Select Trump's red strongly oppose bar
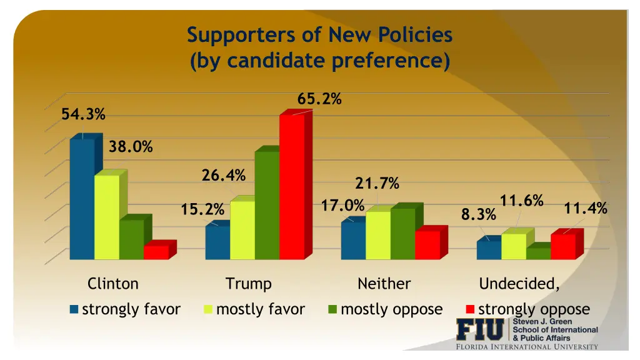(x=292, y=187)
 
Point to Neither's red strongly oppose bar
(x=427, y=244)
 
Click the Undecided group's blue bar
(x=489, y=249)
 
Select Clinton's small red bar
(x=156, y=252)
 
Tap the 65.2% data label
(x=319, y=99)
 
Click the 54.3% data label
(x=83, y=114)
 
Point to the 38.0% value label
(x=131, y=147)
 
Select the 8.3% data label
(x=479, y=215)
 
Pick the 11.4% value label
(x=586, y=209)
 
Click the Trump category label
(x=249, y=284)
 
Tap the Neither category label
(x=384, y=284)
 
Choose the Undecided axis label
(x=519, y=284)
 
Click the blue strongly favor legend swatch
(x=74, y=309)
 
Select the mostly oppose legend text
(x=392, y=309)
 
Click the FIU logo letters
(x=479, y=329)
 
